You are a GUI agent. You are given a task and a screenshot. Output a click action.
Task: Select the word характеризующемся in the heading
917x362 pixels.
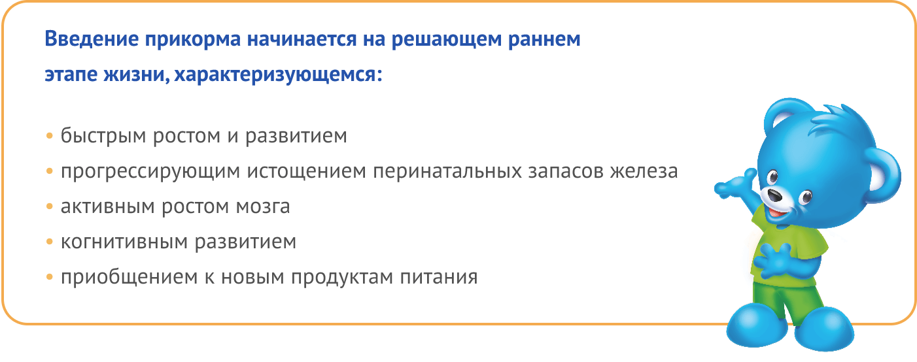tap(278, 75)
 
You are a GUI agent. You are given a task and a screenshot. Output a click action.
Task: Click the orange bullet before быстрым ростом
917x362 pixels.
tap(50, 137)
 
